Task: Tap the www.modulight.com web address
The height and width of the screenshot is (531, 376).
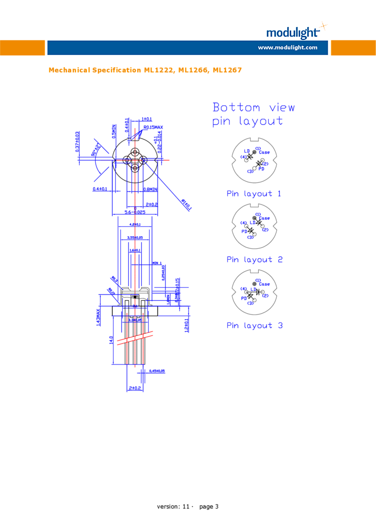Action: [x=287, y=48]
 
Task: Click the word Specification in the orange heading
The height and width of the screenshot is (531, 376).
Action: [x=117, y=70]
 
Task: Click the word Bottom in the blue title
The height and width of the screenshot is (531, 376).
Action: [x=236, y=108]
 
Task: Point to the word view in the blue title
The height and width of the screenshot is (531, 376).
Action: [x=282, y=108]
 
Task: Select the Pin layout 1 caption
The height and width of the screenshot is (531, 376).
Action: [x=254, y=193]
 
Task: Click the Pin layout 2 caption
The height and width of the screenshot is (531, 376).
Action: [x=254, y=259]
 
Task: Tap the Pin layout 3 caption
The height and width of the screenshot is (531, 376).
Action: [x=254, y=326]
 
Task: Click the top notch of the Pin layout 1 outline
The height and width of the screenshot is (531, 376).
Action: [x=254, y=139]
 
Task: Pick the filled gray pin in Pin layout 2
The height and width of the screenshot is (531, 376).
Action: [x=254, y=217]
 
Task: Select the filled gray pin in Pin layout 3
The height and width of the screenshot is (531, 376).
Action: [x=254, y=283]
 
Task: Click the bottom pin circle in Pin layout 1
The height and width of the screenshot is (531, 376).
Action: [x=254, y=169]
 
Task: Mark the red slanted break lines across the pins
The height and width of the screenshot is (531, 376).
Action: [x=135, y=338]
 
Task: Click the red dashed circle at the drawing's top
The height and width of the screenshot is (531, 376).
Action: [x=135, y=158]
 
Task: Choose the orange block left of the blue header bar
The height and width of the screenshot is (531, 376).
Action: [x=22, y=48]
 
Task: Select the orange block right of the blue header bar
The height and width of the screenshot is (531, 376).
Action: [x=353, y=48]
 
